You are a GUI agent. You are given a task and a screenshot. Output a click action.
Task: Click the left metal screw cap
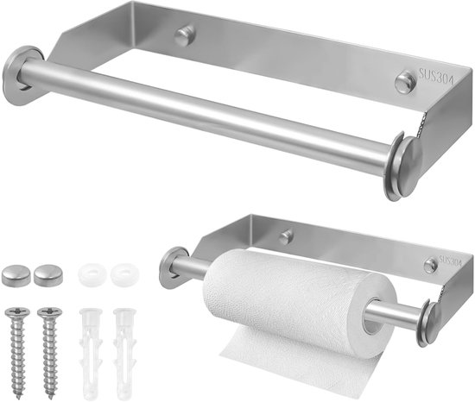point(15,274)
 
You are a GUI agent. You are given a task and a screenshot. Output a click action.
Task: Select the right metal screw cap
point(48,274)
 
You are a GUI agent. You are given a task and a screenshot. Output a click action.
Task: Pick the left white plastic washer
point(92,274)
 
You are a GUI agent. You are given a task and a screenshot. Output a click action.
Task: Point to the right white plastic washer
point(125,274)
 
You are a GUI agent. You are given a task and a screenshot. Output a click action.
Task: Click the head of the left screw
point(17,313)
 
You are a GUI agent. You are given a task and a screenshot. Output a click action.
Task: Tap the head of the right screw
point(50,313)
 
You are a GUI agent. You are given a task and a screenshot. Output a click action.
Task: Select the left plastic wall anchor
point(91,354)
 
